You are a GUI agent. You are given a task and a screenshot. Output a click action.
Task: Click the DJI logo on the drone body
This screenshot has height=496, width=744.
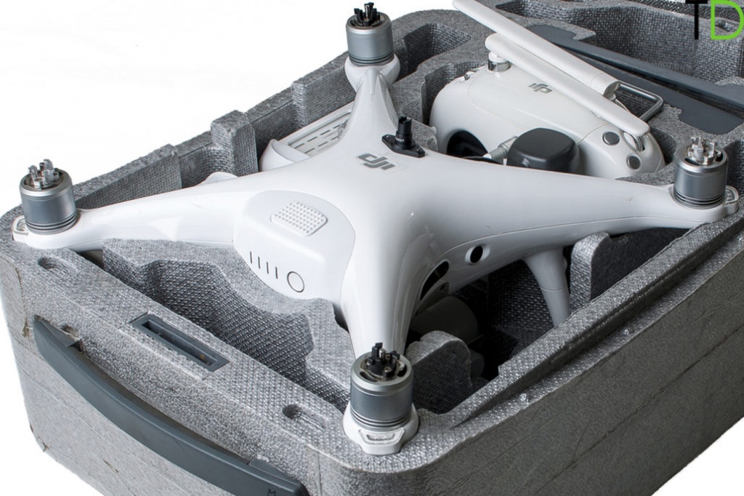click(377, 161)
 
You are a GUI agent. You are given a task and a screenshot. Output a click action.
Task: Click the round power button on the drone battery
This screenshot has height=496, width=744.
click(296, 281)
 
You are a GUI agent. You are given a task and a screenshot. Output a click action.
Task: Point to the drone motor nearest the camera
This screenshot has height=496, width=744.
click(380, 384)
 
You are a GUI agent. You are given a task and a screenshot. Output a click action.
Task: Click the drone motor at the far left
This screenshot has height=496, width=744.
click(48, 195)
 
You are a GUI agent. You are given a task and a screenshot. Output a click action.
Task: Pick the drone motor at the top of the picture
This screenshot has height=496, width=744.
click(370, 36)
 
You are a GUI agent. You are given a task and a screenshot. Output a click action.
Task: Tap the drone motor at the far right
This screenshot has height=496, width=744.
click(700, 172)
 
